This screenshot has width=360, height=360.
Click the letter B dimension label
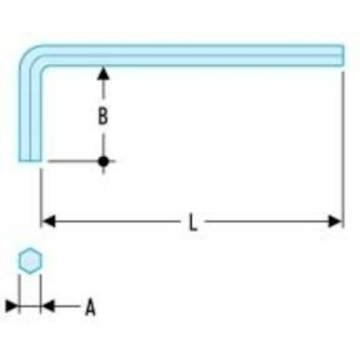click(x=103, y=116)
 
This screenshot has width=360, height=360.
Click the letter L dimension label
click(x=193, y=222)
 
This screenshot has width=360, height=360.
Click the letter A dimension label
click(x=91, y=307)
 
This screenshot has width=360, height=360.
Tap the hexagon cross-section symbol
click(x=30, y=261)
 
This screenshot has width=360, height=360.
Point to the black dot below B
click(x=104, y=161)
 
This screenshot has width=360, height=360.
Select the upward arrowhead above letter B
click(x=103, y=74)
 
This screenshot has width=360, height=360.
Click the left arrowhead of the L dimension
click(x=49, y=221)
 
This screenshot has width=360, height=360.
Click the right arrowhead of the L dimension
click(x=335, y=221)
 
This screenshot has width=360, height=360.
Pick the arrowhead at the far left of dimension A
click(x=12, y=306)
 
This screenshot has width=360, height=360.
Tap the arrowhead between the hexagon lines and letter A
click(x=48, y=306)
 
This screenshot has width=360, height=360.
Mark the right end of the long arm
click(x=343, y=55)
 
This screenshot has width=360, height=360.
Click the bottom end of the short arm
click(x=30, y=160)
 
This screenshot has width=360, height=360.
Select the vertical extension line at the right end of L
click(x=343, y=150)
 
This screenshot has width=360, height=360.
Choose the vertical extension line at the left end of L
click(x=41, y=198)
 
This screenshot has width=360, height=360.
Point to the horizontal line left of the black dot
click(x=73, y=161)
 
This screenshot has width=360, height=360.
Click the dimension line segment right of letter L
click(x=267, y=221)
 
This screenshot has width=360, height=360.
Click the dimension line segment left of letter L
click(x=117, y=221)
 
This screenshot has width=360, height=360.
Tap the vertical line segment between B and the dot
click(x=104, y=145)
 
